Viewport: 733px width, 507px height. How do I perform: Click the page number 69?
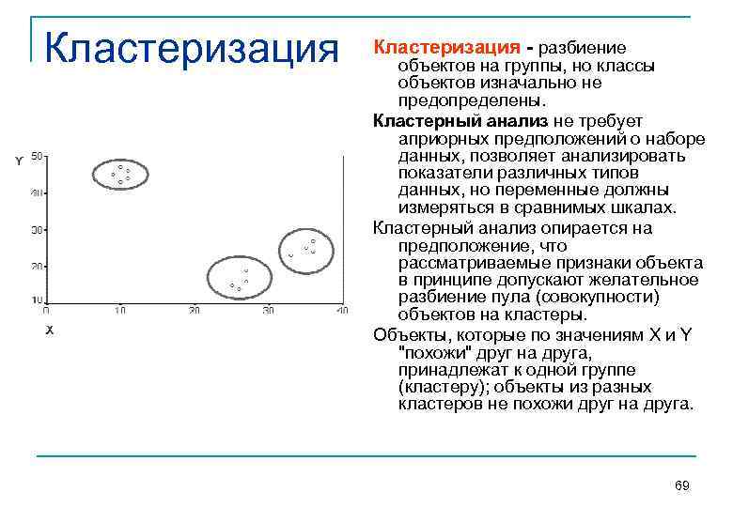[x=682, y=485]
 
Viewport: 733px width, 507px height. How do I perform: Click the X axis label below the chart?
[x=49, y=330]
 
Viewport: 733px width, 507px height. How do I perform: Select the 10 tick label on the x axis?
[x=120, y=311]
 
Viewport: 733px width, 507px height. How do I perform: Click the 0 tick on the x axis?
[x=47, y=311]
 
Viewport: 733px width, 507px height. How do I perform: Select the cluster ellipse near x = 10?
[x=120, y=174]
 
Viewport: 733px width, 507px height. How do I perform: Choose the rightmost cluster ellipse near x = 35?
[x=305, y=249]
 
